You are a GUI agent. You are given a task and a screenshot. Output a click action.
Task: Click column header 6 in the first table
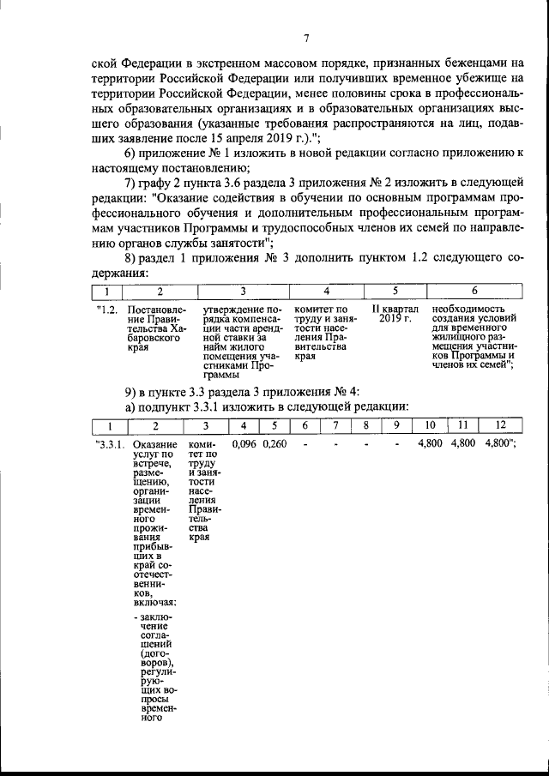tap(474, 292)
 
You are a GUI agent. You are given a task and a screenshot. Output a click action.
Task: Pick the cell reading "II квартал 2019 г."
tap(395, 314)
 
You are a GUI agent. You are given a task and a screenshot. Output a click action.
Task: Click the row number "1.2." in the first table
tap(107, 309)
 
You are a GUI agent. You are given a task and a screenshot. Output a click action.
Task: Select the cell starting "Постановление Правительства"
tap(155, 330)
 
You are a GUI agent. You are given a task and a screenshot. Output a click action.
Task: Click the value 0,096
tap(244, 444)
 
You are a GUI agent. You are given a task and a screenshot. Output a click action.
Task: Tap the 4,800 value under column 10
tap(430, 444)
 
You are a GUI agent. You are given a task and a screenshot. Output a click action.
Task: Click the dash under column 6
tap(305, 444)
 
